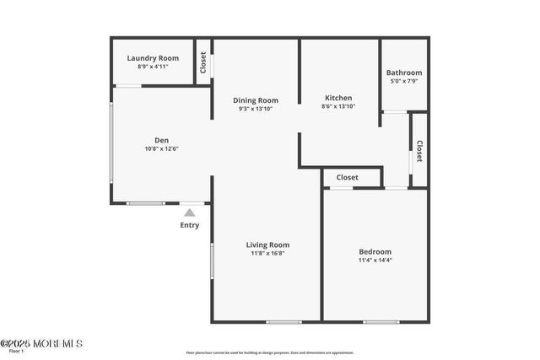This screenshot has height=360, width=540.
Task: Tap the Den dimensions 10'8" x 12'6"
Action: point(161,148)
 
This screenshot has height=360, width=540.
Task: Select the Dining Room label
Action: point(256,100)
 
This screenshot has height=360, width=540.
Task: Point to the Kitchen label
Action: point(338,98)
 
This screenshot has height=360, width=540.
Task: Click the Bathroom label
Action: point(403,73)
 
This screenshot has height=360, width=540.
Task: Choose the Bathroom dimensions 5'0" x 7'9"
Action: point(403,81)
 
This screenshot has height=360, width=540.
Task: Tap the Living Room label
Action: point(267,244)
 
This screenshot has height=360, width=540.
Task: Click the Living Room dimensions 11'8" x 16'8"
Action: point(267,253)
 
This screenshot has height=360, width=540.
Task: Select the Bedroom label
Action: point(375,251)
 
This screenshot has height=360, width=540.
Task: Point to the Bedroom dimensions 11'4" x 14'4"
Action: point(375,260)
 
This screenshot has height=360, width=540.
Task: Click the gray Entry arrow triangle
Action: point(190,212)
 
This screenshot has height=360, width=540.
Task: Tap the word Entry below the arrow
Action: point(190,225)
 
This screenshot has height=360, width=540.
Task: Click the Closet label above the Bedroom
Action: point(347,178)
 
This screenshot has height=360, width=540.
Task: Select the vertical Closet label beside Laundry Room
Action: point(203,62)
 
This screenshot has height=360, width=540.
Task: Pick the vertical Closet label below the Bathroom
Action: point(419,151)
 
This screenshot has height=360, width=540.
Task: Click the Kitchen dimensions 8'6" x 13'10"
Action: point(338,106)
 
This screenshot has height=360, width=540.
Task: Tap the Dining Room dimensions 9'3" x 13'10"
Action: point(256,109)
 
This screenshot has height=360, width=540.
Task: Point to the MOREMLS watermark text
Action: point(42,343)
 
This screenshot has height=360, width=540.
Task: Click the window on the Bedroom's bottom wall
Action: point(381,321)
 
